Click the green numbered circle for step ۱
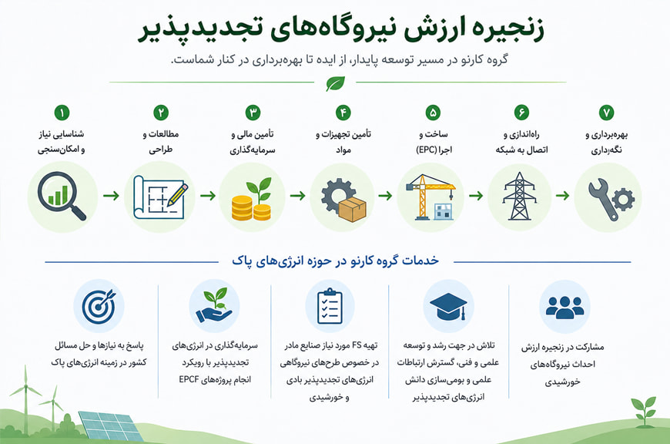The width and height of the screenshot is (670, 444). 62,113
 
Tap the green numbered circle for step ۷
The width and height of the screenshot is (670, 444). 606,113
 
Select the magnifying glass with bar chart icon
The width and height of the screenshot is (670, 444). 62,196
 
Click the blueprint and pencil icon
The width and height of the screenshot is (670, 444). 160,197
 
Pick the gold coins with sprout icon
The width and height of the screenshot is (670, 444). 252,199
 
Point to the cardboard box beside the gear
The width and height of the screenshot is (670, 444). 353,210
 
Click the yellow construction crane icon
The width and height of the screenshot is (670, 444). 430,197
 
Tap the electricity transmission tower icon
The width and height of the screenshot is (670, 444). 519,197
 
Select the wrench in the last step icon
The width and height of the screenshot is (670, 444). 602,200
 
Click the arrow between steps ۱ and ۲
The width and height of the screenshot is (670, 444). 111,196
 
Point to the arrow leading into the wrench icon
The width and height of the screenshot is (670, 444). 563,196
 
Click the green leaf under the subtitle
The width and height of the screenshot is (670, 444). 335,83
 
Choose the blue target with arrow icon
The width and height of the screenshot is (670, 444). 99,306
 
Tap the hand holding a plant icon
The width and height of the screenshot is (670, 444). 215,305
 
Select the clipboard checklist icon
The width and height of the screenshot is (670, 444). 330,306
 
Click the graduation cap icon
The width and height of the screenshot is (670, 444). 448,306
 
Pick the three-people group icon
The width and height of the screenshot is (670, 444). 564,307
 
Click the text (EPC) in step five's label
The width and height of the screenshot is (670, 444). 426,150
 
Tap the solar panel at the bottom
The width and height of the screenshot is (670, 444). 111,426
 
